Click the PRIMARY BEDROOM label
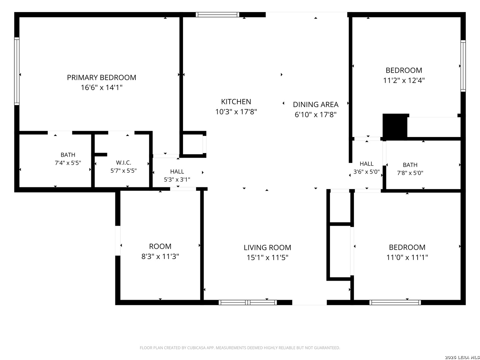pyautogui.click(x=101, y=78)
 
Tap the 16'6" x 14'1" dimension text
pyautogui.click(x=101, y=88)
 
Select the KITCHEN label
pyautogui.click(x=236, y=102)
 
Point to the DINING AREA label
pyautogui.click(x=316, y=104)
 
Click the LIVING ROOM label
pyautogui.click(x=267, y=248)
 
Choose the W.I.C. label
pyautogui.click(x=124, y=163)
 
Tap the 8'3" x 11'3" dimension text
pyautogui.click(x=160, y=256)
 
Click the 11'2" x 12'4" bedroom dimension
pyautogui.click(x=404, y=80)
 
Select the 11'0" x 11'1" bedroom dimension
pyautogui.click(x=407, y=257)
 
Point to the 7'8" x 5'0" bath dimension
pyautogui.click(x=410, y=173)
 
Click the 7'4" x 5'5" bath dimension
pyautogui.click(x=68, y=163)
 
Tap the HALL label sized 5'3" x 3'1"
pyautogui.click(x=177, y=172)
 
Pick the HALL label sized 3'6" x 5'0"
pyautogui.click(x=367, y=164)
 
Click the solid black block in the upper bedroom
pyautogui.click(x=395, y=126)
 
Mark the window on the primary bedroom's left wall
pyautogui.click(x=17, y=71)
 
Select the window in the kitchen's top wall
pyautogui.click(x=217, y=15)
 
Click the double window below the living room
pyautogui.click(x=248, y=303)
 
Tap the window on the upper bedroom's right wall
pyautogui.click(x=463, y=66)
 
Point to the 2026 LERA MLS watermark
pyautogui.click(x=462, y=357)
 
